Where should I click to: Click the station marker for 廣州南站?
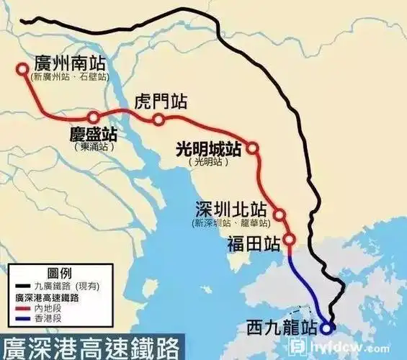point(22,70)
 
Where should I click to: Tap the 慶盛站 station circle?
point(93,117)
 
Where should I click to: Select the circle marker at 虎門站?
point(158,119)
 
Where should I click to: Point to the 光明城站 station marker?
point(253,148)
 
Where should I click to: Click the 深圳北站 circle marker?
point(279,214)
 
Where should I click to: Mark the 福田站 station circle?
point(290,240)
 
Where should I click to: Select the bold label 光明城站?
point(208,149)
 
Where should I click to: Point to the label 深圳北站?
point(231,210)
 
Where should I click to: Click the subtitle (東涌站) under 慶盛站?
point(94,147)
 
